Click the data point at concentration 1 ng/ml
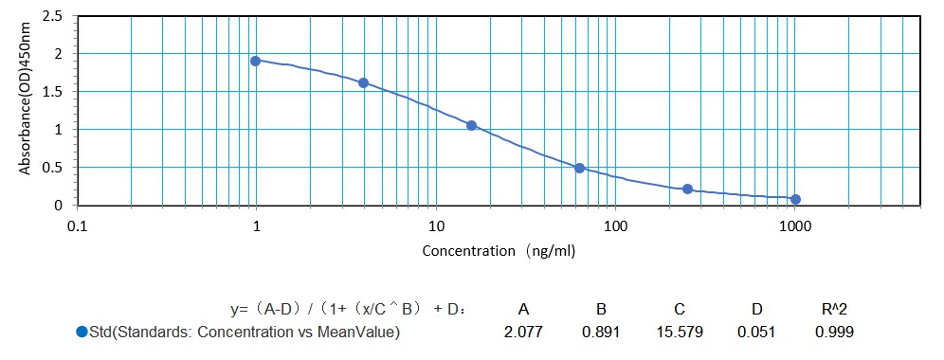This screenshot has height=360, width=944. pos(256,61)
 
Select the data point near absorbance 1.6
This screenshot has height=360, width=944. pos(364,82)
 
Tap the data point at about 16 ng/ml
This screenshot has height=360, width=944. pos(471,125)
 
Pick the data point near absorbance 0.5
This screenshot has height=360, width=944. pos(580,168)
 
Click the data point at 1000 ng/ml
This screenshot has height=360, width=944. pos(795,199)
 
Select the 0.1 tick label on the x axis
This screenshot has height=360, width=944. pos(77,226)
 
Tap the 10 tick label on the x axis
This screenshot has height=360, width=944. pos(436,226)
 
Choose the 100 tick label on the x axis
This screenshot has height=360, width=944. pos(615,226)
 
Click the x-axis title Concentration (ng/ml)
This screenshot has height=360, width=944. pos(498,251)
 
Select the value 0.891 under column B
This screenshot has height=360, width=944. pos(601,332)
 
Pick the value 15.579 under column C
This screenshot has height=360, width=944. pos(680,332)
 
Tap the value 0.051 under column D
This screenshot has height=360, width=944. pos(756,332)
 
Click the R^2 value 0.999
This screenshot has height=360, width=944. pos(834,332)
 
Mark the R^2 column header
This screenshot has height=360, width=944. pos(834,308)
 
